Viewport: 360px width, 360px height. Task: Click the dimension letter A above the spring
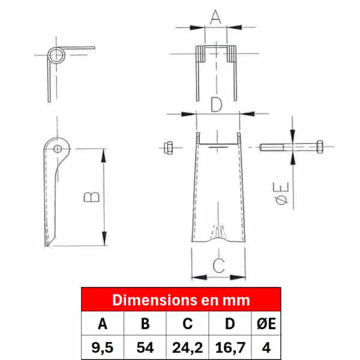pos(215,17)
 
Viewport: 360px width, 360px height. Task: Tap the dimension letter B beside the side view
pos(92,197)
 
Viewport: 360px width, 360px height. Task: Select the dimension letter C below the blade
pos(218,266)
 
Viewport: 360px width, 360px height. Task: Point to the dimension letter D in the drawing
pos(217,104)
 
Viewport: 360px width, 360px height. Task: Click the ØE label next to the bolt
pos(281,193)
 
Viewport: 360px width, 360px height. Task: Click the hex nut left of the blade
pos(168,148)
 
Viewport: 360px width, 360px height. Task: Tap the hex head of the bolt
pos(320,146)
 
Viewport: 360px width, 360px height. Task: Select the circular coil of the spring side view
pos(56,55)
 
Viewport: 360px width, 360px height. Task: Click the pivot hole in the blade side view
pos(58,149)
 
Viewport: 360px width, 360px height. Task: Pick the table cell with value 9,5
pos(103,347)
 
